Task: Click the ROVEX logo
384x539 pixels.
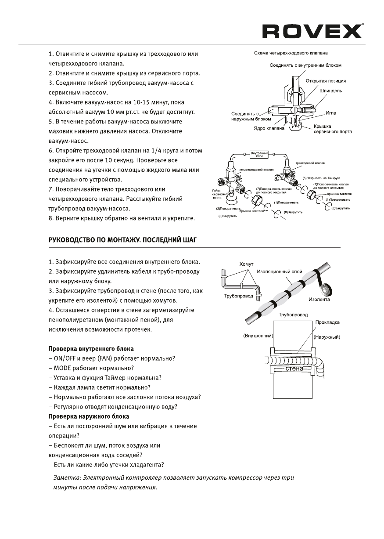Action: click(312, 31)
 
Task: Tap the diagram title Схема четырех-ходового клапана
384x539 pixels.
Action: click(291, 53)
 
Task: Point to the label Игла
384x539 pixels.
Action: click(331, 113)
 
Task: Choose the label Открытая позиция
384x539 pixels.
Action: click(325, 81)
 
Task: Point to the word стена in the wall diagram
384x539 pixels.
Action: click(294, 369)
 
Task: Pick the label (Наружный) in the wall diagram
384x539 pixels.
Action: click(327, 337)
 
